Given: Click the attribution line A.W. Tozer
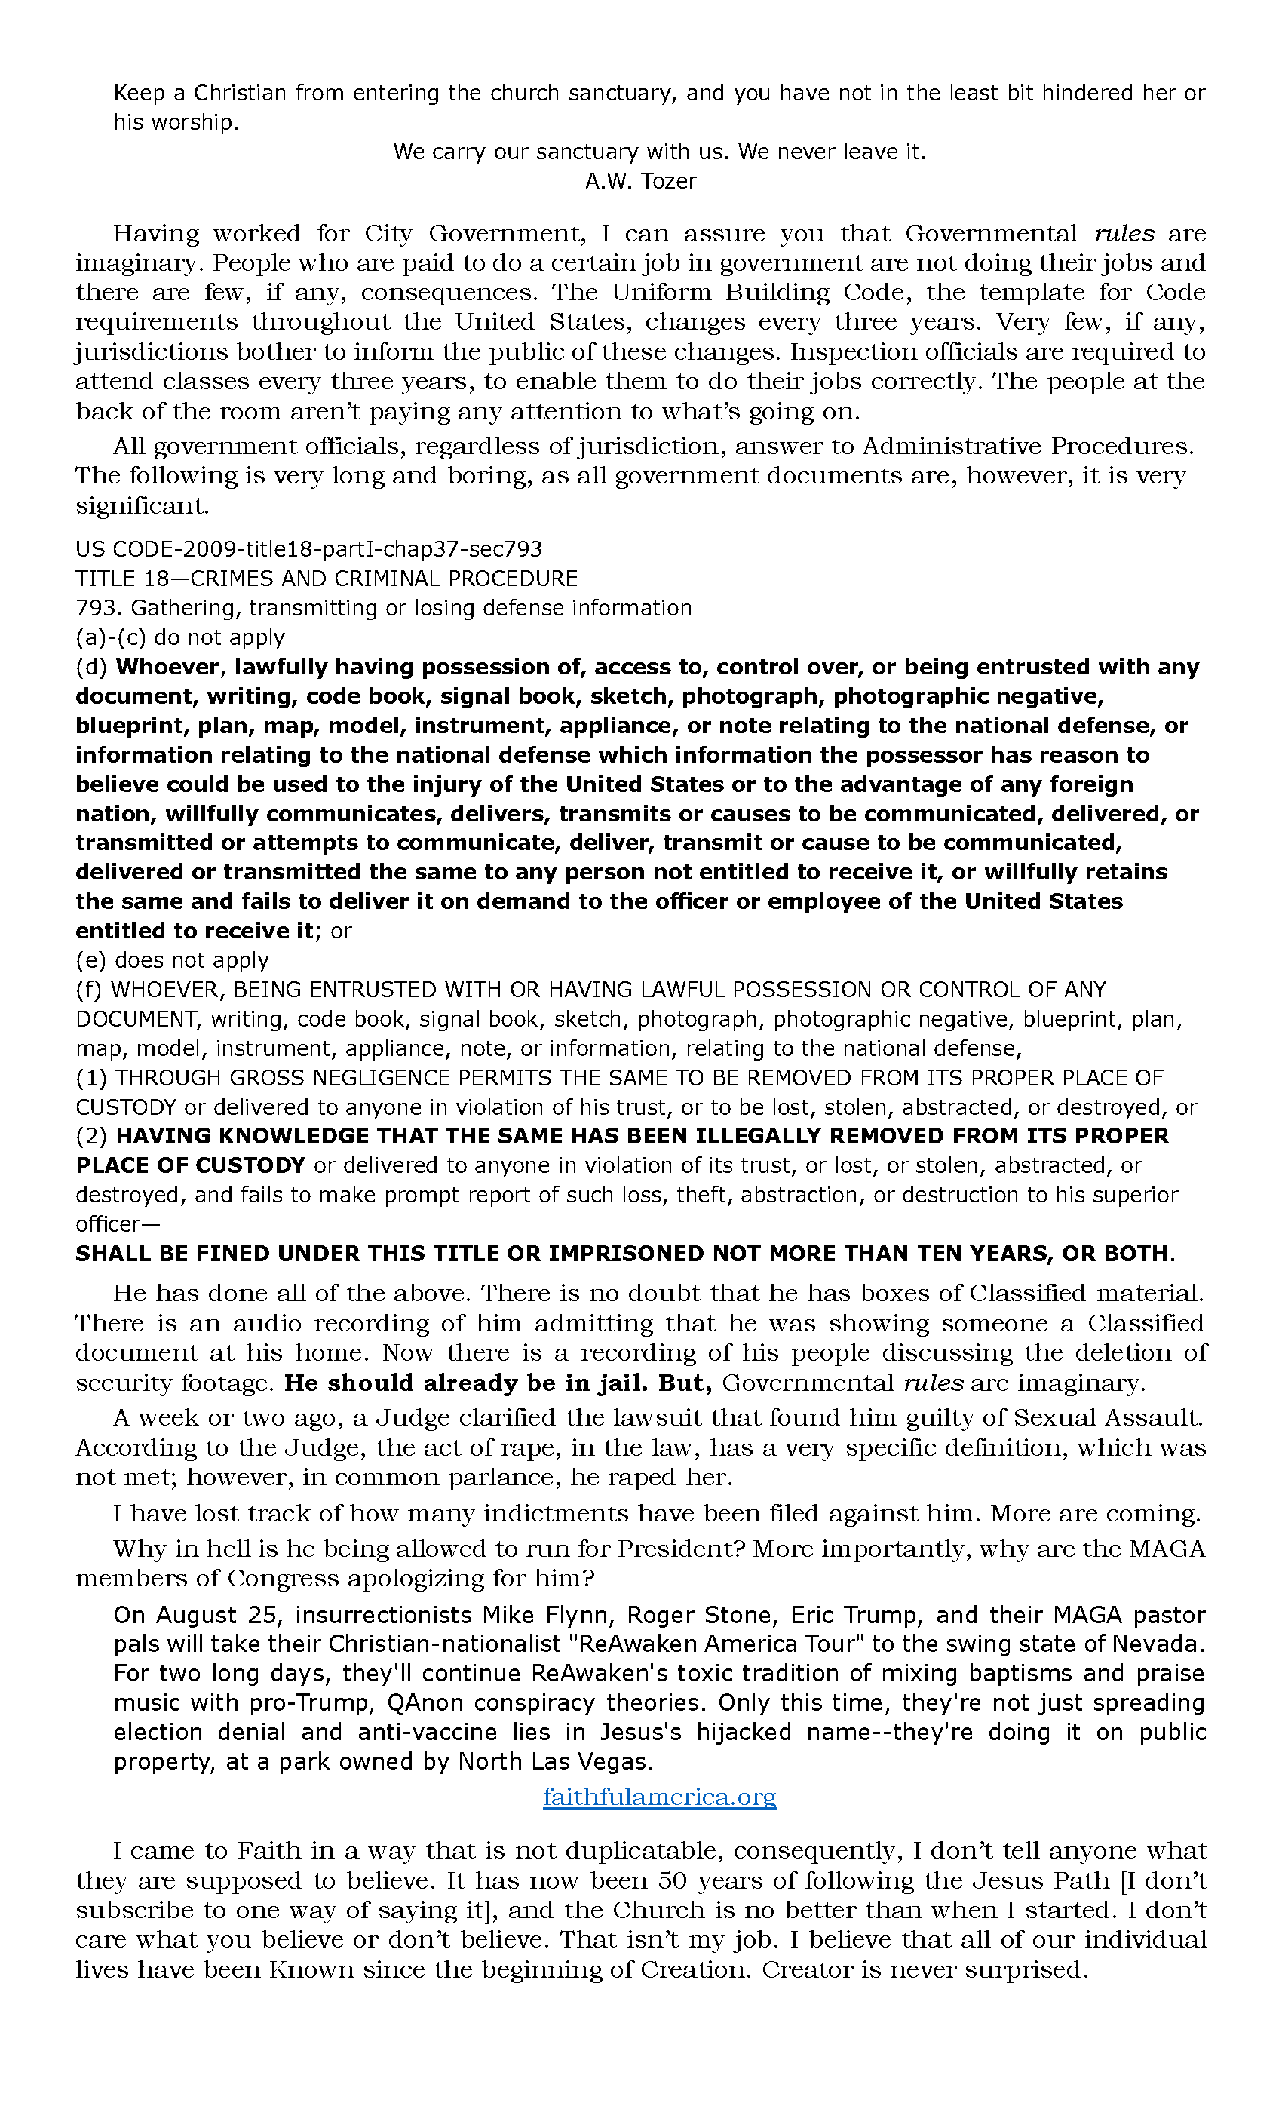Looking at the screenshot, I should click(x=640, y=181).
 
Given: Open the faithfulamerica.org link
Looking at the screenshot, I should click(x=659, y=1797).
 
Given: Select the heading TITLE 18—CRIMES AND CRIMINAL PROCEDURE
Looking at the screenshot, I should click(x=327, y=579).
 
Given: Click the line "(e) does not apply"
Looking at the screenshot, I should click(x=172, y=960).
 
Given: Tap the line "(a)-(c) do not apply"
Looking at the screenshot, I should click(x=180, y=637).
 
